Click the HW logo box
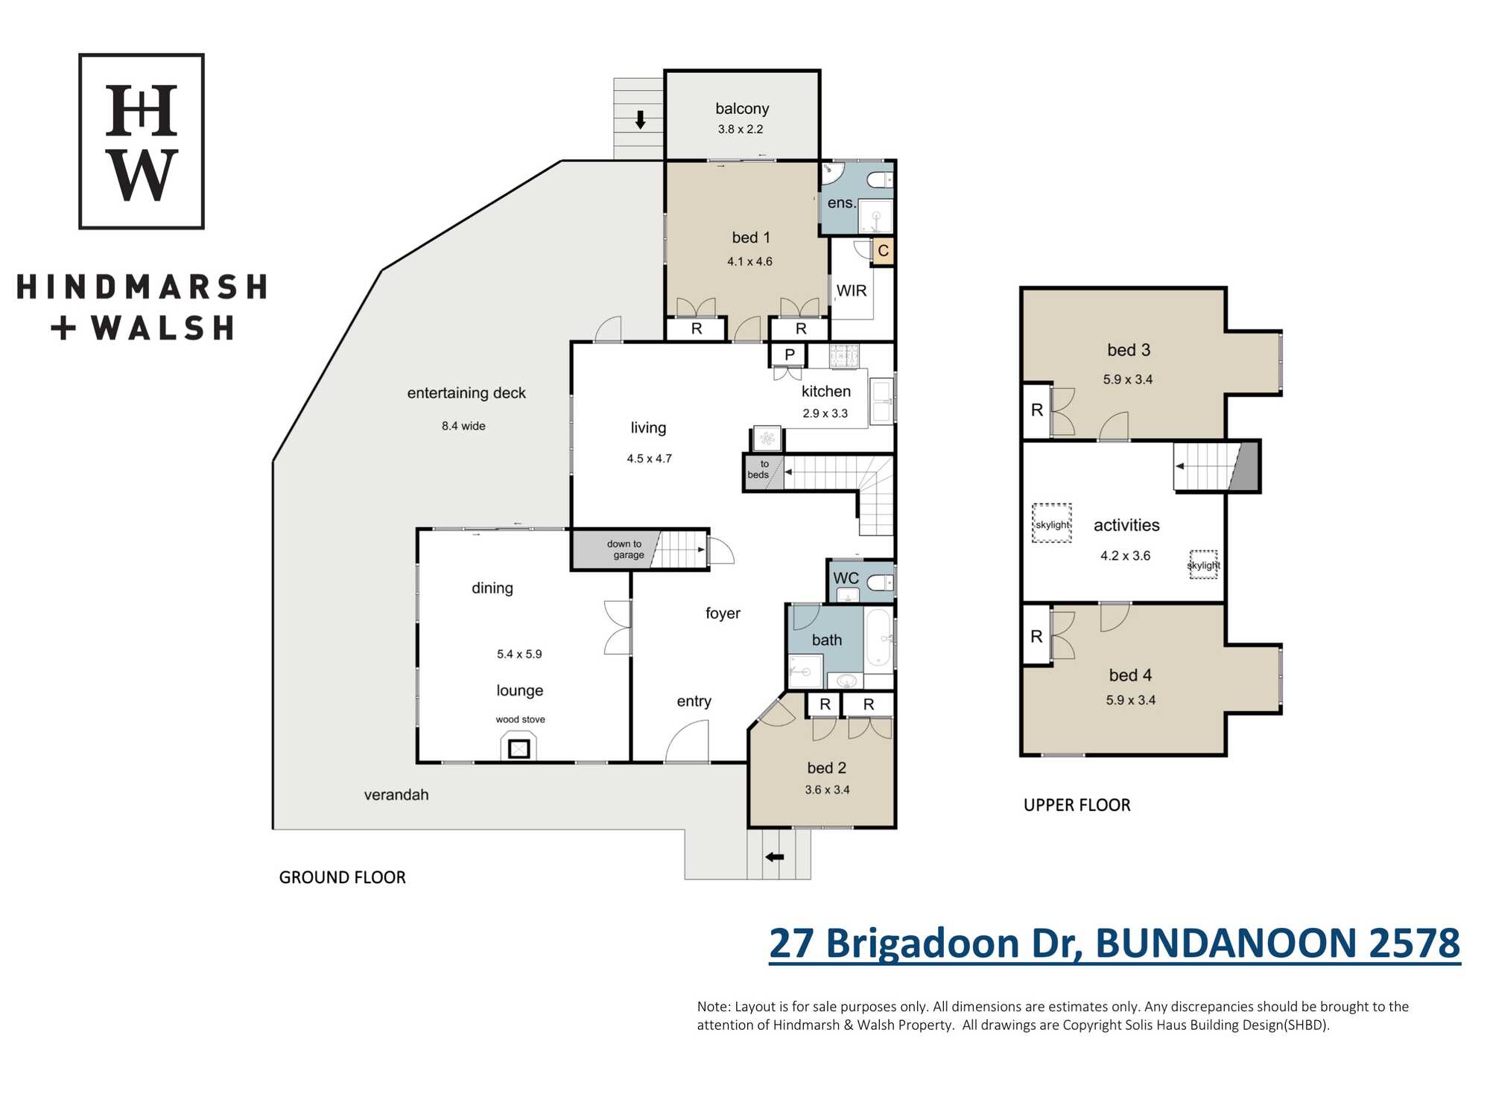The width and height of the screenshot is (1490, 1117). click(142, 141)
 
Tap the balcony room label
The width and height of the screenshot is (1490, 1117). click(742, 109)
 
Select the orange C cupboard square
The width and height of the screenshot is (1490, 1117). click(883, 251)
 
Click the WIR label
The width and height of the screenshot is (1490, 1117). click(852, 290)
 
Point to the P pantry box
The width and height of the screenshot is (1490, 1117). click(789, 354)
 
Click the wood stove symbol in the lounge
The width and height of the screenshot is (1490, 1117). click(519, 748)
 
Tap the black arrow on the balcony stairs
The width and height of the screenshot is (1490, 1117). click(640, 119)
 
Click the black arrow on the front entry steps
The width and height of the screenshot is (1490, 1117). click(775, 857)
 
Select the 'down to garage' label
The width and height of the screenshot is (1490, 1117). click(626, 550)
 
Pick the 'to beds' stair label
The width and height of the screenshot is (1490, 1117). click(758, 469)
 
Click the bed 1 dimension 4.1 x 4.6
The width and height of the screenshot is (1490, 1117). click(749, 261)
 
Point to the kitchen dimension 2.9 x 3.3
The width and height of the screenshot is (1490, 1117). click(825, 413)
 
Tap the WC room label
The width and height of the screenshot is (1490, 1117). click(846, 578)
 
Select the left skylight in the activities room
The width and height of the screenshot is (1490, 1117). click(1052, 524)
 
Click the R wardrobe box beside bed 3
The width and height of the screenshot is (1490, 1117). click(1036, 410)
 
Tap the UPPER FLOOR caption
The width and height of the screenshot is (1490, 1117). click(1077, 805)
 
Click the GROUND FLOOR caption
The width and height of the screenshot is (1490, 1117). click(342, 877)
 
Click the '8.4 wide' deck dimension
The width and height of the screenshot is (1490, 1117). click(463, 426)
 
